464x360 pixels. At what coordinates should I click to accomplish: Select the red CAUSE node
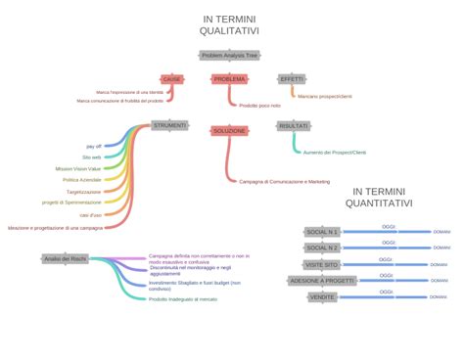[x=171, y=78]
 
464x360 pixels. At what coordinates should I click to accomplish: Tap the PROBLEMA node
[x=230, y=78]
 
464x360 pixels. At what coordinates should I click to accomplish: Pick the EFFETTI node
[x=292, y=78]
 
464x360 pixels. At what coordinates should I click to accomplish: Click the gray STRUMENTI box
[x=169, y=125]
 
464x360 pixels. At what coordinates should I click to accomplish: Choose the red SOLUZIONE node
[x=229, y=130]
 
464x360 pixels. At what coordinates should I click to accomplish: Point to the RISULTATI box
[x=293, y=125]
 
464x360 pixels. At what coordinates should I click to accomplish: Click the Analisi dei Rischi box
[x=65, y=258]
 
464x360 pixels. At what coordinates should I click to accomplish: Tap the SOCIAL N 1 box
[x=322, y=232]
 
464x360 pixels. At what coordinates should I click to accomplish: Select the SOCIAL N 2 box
[x=322, y=248]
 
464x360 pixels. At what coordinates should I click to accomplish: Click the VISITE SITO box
[x=321, y=264]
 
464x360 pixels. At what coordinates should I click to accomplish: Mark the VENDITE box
[x=322, y=296]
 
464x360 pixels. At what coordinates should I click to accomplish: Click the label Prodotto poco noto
[x=259, y=105]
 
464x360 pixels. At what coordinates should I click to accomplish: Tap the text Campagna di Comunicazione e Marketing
[x=285, y=181]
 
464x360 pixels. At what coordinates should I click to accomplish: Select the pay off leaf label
[x=94, y=145]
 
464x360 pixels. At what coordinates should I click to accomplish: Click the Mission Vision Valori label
[x=78, y=168]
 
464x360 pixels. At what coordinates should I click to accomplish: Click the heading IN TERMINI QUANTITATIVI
[x=383, y=197]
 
